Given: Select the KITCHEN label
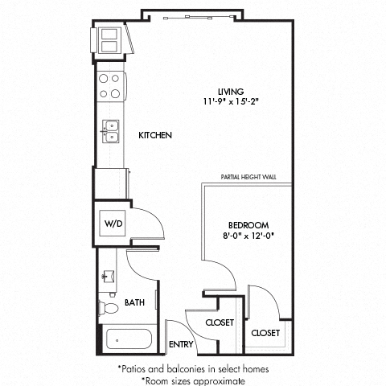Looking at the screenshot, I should [x=156, y=136].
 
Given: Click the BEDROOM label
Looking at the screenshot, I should [x=248, y=224].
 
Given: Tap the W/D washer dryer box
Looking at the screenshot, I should [x=111, y=224].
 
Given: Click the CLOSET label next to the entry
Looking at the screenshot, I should [x=219, y=322].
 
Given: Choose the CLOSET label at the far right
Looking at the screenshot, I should [x=265, y=332].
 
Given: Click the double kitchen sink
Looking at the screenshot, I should [x=110, y=130].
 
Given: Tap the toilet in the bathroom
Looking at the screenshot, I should [x=107, y=307].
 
